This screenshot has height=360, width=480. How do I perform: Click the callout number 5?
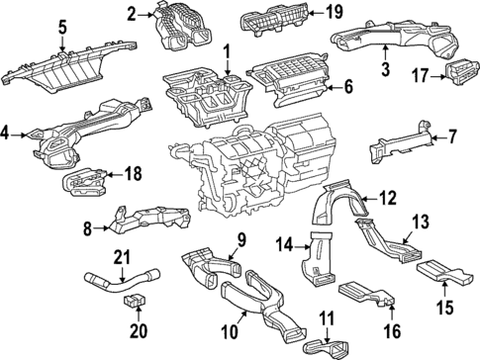tap(62, 28)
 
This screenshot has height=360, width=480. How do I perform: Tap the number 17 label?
tap(420, 74)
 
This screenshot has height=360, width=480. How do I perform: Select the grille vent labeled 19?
tap(268, 19)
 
